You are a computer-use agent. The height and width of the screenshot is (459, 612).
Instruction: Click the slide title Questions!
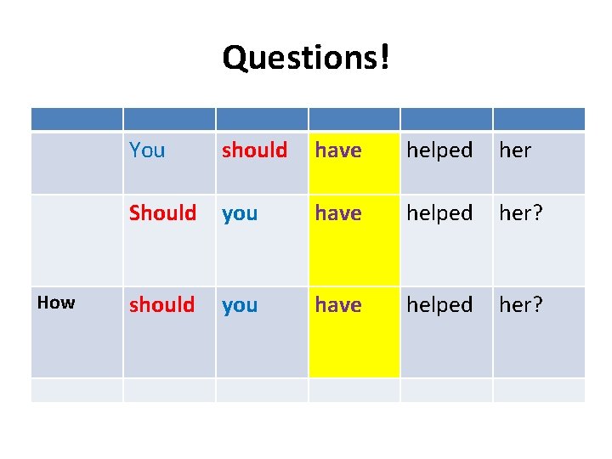[306, 59]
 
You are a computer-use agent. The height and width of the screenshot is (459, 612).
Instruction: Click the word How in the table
[57, 303]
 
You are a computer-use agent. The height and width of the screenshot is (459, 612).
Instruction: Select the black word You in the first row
[147, 150]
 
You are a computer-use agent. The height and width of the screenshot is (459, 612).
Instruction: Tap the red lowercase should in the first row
[254, 150]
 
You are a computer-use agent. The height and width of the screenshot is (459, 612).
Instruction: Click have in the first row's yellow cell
[338, 150]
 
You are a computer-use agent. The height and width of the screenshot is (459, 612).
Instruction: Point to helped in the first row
[439, 150]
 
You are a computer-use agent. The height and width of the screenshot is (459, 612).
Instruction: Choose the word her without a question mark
[515, 150]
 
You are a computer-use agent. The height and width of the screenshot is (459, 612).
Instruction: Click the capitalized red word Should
[162, 212]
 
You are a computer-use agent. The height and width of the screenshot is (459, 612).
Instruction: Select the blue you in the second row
[240, 213]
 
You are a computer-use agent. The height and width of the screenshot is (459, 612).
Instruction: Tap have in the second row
[338, 212]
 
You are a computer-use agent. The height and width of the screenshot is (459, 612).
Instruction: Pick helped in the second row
[439, 212]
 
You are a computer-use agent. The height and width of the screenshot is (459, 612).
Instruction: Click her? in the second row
[521, 212]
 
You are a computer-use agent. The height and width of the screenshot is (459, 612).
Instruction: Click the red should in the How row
[161, 304]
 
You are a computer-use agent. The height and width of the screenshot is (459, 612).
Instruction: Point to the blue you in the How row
[240, 305]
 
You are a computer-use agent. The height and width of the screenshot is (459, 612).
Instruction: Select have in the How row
[338, 304]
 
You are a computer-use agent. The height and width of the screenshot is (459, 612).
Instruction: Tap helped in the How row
[439, 304]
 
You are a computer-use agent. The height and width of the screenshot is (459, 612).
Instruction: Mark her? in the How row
[521, 304]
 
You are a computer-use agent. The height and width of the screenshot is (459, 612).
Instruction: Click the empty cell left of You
[76, 163]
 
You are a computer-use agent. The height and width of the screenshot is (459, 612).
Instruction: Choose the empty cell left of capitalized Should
[76, 240]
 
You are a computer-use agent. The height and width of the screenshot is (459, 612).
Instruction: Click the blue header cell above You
[169, 119]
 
